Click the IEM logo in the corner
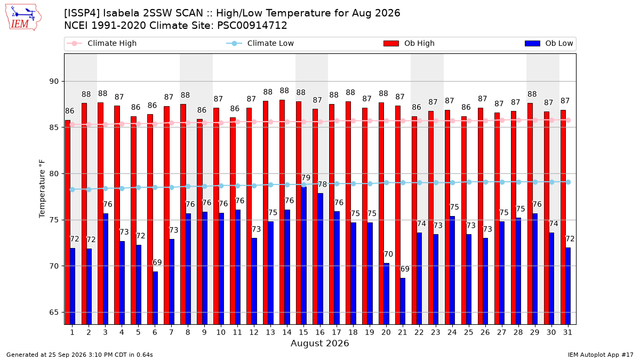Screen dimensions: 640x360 (23, 17)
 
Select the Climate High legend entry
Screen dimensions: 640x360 (101, 43)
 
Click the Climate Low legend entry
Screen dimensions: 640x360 (260, 43)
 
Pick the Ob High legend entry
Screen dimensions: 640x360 (409, 43)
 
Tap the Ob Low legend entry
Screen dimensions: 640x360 (549, 43)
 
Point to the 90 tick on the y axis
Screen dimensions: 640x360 (54, 82)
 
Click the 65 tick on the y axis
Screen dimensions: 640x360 (54, 313)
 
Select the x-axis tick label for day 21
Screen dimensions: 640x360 (402, 332)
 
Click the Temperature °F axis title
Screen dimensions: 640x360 (42, 189)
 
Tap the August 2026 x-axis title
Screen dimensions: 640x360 (319, 343)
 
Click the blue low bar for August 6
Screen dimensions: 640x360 (155, 298)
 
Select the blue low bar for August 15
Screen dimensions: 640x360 (303, 255)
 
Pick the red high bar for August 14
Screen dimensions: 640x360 (282, 212)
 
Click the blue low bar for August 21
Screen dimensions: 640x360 (403, 301)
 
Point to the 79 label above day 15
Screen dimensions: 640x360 (306, 178)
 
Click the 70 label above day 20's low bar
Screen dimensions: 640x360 (388, 254)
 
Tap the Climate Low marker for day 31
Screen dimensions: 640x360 (569, 182)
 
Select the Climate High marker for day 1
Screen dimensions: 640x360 (73, 125)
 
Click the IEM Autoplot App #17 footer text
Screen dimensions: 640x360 (601, 355)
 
